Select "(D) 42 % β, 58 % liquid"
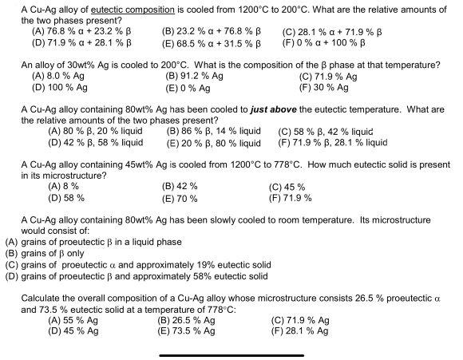(96, 144)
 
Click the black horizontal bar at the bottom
(231, 355)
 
